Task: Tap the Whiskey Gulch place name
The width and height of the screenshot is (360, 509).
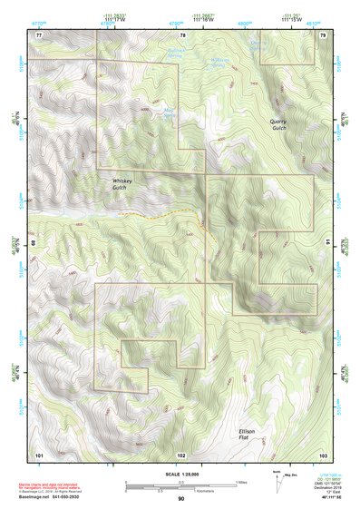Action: tap(122, 184)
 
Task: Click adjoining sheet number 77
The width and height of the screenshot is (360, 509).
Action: tap(39, 34)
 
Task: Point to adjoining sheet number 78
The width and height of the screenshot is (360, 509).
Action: tap(181, 34)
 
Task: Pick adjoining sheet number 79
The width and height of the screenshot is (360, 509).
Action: tap(323, 34)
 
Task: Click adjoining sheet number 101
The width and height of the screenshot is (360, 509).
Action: tap(39, 454)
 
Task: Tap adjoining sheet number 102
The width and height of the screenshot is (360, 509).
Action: tap(181, 454)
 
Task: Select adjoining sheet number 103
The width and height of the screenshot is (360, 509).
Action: tap(323, 454)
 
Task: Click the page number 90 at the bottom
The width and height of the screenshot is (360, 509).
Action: tap(180, 499)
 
